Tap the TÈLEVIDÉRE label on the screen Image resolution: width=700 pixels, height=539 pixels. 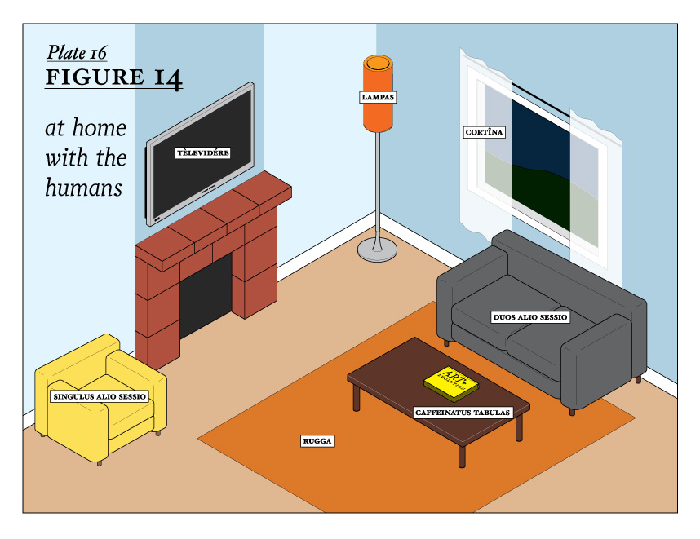point(203,152)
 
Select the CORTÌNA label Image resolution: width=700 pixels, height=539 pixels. point(485,131)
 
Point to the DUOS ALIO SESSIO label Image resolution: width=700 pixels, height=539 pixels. point(530,316)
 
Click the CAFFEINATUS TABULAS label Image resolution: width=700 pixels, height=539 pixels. point(463,413)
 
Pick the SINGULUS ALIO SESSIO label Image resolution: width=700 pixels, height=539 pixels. point(100,397)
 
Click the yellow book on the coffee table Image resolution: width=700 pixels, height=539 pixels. point(450,379)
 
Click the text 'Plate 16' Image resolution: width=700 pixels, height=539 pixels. point(77,53)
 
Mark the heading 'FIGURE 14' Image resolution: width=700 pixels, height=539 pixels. point(113,78)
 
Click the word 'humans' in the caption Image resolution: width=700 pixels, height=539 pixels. point(82,188)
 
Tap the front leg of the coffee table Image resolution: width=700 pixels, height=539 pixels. point(462,455)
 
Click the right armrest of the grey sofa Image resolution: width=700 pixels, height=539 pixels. point(600,359)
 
